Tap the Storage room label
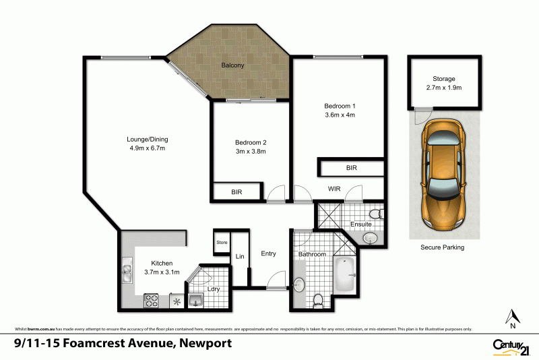tap(445, 79)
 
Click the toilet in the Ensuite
tap(379, 214)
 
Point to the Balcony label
tap(232, 65)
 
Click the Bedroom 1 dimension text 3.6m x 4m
tap(340, 115)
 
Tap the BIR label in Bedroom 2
tap(236, 192)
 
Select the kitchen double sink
tap(127, 273)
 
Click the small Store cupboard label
tap(221, 242)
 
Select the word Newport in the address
tap(205, 344)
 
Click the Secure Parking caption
tap(443, 247)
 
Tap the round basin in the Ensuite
tap(369, 238)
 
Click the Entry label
tap(268, 253)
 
